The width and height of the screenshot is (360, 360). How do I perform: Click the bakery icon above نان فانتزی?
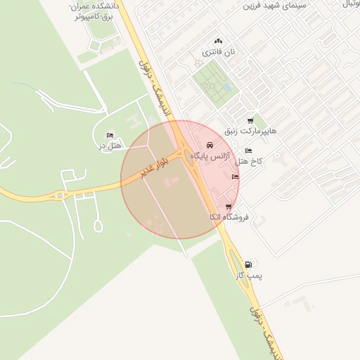(x=218, y=41)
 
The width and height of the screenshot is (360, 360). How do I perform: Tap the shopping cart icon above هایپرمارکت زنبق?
(x=250, y=121)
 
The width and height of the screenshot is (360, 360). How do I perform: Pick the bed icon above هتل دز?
(x=109, y=135)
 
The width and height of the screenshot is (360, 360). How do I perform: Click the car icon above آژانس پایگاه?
(x=210, y=144)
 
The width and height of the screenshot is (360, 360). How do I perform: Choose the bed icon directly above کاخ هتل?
(x=247, y=150)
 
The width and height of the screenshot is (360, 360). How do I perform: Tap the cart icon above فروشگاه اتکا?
(x=229, y=207)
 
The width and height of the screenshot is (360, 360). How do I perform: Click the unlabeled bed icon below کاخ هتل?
(x=235, y=176)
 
